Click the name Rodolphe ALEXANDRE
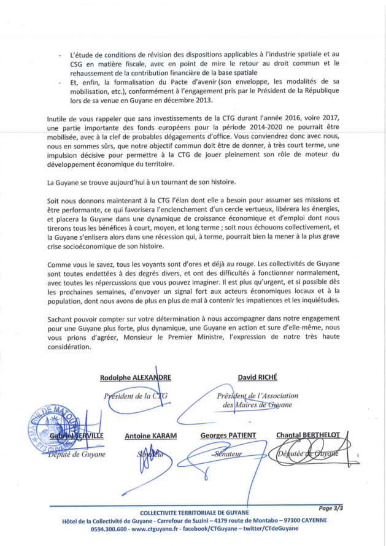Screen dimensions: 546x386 136,378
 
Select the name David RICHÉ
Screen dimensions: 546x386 256,377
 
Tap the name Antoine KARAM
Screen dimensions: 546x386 150,436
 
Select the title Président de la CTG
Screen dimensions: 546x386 136,396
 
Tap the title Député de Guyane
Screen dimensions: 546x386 77,455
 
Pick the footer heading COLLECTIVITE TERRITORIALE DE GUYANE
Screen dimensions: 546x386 195,513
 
